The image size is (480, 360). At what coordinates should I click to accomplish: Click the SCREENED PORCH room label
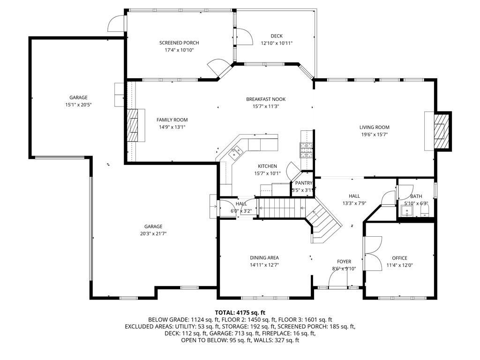pos(179,43)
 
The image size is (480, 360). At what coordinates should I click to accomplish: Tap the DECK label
pos(277,36)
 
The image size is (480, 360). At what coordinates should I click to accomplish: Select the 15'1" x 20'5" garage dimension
pos(78,105)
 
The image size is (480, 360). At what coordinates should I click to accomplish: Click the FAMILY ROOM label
pos(172,120)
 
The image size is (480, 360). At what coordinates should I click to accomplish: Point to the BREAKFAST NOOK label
pos(266,99)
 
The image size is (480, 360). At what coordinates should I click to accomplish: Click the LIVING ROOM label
pos(375,127)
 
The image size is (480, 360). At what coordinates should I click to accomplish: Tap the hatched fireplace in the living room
pos(441,131)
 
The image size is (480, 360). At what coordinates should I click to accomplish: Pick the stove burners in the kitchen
pos(307,150)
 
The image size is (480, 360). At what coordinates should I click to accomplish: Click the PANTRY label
pos(304,183)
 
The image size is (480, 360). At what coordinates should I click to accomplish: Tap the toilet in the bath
pos(425,210)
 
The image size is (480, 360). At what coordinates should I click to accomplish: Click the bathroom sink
pos(407,211)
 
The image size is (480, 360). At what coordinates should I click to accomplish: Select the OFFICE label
pos(399,258)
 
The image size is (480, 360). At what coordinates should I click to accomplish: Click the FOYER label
pos(344,262)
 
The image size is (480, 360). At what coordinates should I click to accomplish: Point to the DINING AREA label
pos(264,258)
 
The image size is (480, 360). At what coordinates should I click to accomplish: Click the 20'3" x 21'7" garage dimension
pos(153,234)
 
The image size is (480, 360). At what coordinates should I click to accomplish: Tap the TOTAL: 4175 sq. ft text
pos(240,313)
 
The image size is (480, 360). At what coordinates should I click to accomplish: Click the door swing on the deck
pos(245,37)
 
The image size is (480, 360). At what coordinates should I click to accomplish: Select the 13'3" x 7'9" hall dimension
pos(354,203)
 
